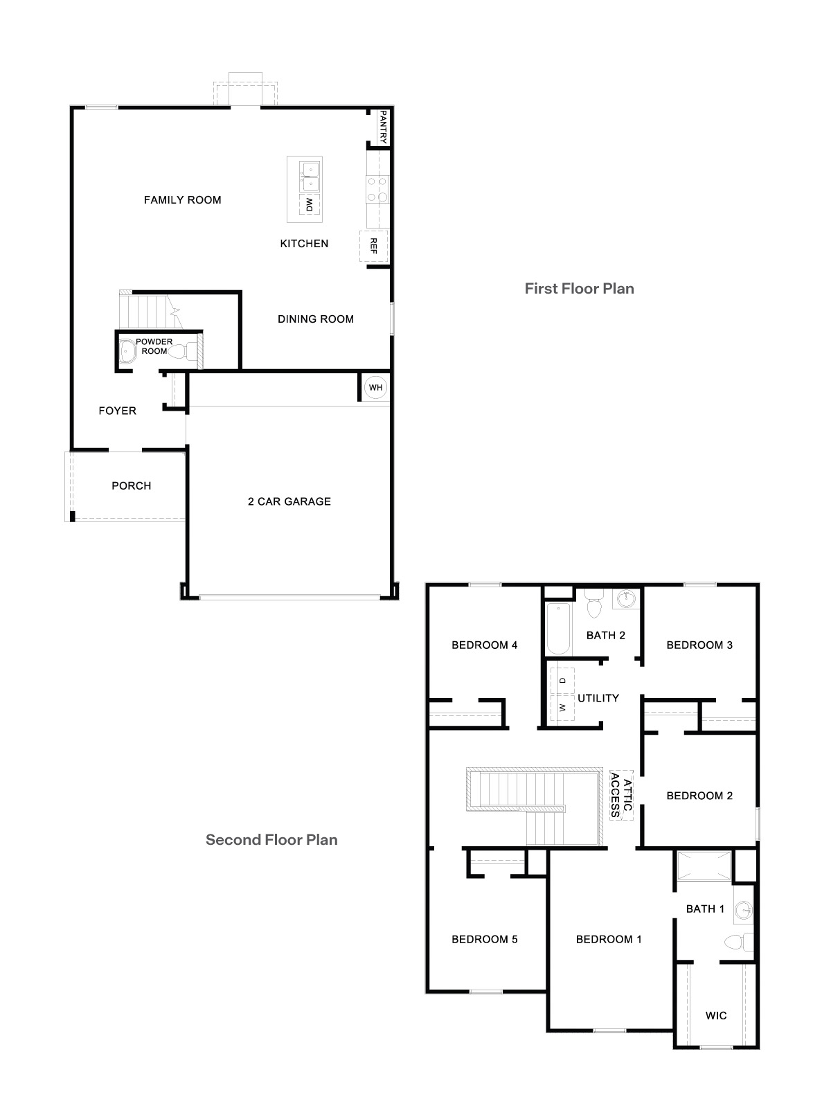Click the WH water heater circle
click(375, 388)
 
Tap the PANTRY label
click(382, 129)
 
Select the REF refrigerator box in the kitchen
click(373, 246)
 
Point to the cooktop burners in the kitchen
click(377, 188)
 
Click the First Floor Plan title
click(579, 288)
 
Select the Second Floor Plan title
click(271, 840)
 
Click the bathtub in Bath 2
click(558, 629)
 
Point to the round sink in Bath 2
click(626, 598)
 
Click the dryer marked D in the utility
click(562, 680)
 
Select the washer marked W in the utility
click(562, 708)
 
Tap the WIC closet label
click(716, 1015)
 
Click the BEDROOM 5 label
click(484, 939)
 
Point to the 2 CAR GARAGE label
click(289, 501)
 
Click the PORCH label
click(131, 485)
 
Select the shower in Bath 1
click(704, 866)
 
